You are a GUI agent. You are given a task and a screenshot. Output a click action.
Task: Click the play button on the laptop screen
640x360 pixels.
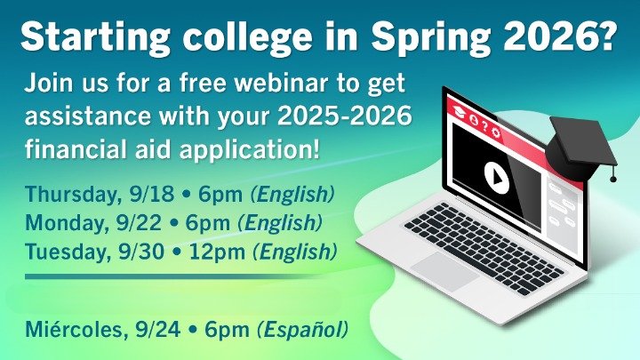493,174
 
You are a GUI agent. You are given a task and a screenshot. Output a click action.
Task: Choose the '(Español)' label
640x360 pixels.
301,330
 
